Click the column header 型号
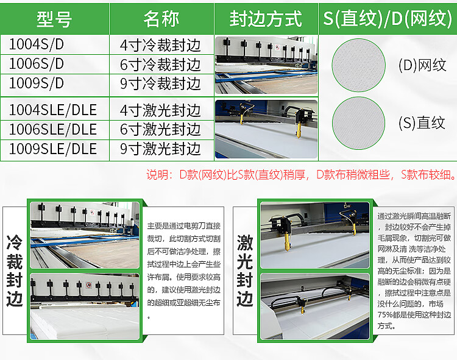[54, 19]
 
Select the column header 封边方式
[266, 19]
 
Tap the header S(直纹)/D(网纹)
[388, 19]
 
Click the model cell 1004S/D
[37, 44]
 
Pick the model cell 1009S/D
[37, 83]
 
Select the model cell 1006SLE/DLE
[53, 129]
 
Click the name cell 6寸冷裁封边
[160, 65]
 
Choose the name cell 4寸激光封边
[160, 110]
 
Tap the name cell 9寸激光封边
[160, 149]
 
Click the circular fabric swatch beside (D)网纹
[358, 65]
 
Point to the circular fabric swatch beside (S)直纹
[358, 123]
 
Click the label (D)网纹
[422, 65]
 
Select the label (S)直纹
[422, 122]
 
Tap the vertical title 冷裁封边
[14, 270]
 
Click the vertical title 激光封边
[244, 270]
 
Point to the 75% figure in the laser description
[384, 315]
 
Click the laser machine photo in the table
[266, 129]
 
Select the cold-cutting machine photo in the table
[266, 65]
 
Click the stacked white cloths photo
[85, 306]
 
